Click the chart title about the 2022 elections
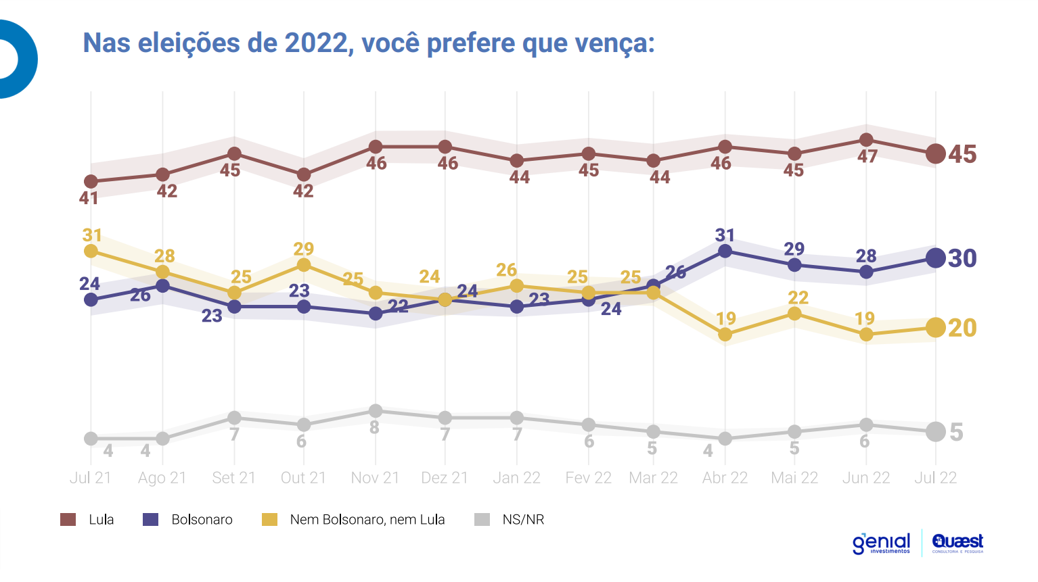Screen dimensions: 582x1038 369,43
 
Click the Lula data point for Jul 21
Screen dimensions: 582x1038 91,182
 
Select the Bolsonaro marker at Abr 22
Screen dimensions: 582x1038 725,251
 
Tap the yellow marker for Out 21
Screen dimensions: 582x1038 304,265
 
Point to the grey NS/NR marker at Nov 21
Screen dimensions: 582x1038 376,411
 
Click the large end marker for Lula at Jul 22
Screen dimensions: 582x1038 935,154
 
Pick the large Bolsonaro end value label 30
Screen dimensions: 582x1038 962,258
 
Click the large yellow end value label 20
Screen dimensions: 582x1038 962,328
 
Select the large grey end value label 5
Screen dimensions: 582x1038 956,432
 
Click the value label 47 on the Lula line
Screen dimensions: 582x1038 867,157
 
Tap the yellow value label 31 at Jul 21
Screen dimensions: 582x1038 92,235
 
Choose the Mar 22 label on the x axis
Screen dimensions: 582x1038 653,478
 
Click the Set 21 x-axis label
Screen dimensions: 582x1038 233,478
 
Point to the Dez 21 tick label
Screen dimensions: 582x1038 445,478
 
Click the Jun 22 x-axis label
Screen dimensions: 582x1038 865,478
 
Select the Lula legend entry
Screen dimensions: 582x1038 88,520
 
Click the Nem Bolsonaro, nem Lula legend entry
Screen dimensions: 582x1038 354,520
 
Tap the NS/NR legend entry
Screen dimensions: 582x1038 510,520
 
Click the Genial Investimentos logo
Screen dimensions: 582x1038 881,543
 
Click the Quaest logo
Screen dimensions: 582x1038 957,543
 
